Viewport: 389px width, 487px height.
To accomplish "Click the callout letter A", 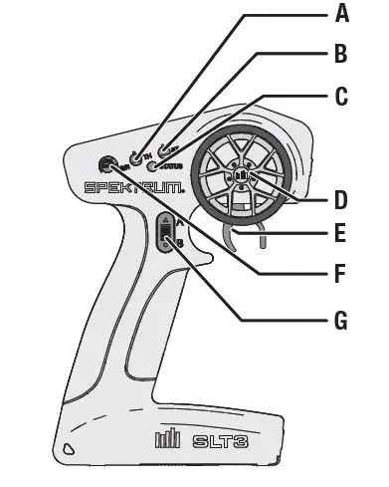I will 342,14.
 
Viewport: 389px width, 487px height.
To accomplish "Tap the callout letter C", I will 342,96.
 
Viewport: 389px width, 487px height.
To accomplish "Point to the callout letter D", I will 340,199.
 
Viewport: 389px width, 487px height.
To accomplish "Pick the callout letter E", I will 342,236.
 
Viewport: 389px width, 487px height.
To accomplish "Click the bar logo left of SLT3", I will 167,438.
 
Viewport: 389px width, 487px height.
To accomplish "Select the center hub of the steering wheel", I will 241,178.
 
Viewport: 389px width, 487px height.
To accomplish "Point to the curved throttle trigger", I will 234,239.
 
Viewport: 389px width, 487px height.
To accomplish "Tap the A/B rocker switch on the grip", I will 167,235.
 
